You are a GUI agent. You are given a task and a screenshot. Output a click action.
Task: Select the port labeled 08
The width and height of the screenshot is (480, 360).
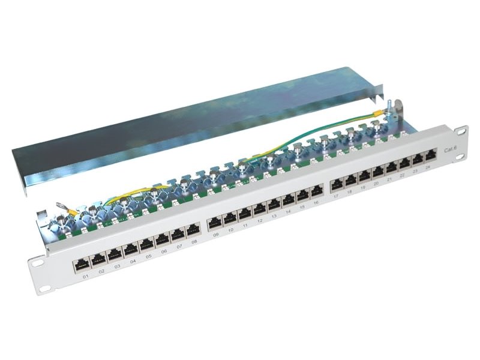(x=193, y=229)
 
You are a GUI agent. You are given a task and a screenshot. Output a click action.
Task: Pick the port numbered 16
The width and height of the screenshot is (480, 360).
(x=316, y=193)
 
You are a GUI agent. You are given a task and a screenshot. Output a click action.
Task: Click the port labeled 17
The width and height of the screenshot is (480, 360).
(x=337, y=182)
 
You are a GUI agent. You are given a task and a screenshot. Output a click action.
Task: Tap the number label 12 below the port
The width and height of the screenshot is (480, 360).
(x=260, y=222)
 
